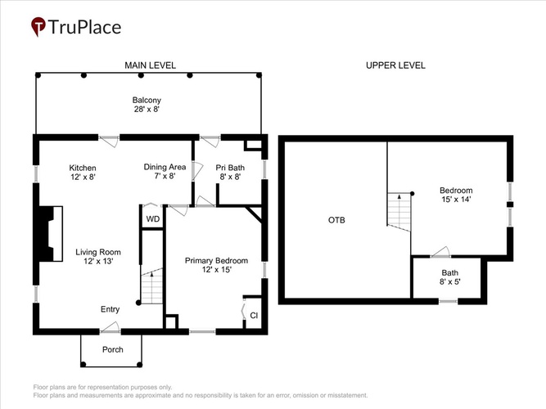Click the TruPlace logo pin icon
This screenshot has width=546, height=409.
click(x=38, y=26)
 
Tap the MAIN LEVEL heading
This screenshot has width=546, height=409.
click(x=150, y=65)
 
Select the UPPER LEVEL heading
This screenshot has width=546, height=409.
click(x=395, y=65)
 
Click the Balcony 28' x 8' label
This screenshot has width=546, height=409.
click(x=147, y=105)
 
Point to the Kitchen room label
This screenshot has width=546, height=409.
click(x=83, y=168)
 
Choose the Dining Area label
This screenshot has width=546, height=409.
click(x=165, y=167)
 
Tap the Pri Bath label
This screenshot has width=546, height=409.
click(x=230, y=168)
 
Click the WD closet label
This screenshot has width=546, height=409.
click(x=153, y=219)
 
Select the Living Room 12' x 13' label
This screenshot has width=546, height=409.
click(x=98, y=257)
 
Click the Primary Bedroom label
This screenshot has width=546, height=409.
click(x=216, y=261)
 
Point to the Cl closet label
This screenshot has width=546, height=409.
click(x=254, y=316)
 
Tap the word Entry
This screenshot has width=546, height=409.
click(x=110, y=309)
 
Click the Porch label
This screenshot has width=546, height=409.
click(x=113, y=349)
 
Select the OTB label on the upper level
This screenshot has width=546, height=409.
click(x=336, y=220)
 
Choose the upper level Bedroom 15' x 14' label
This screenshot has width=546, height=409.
click(x=456, y=195)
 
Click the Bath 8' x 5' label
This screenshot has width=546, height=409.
click(x=450, y=277)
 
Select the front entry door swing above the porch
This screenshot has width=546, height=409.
click(x=110, y=327)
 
